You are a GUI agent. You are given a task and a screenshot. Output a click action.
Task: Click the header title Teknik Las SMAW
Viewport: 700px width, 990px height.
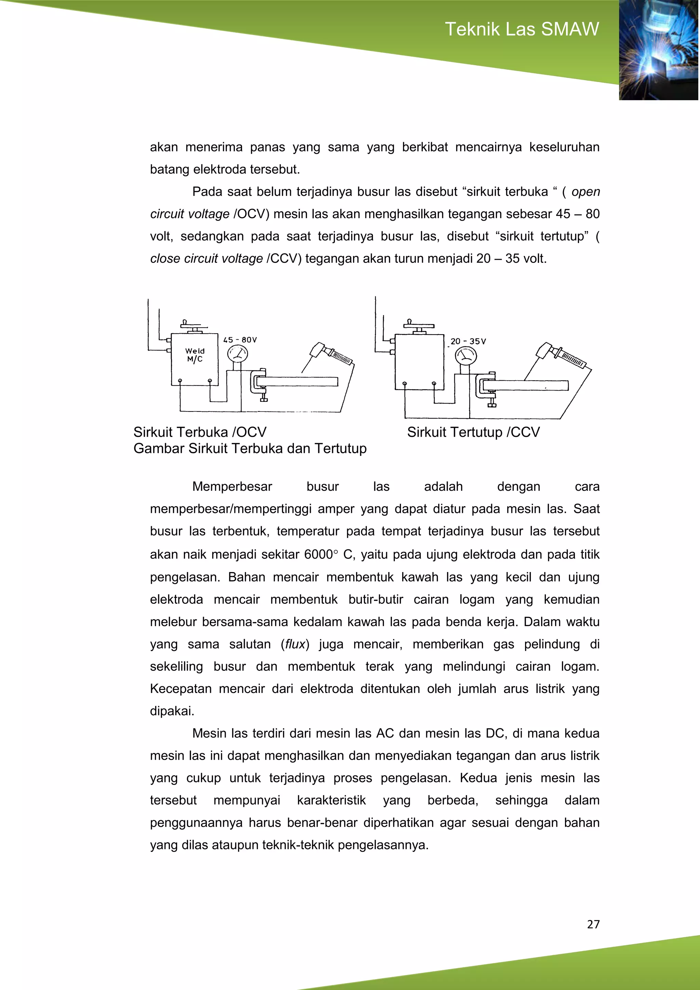click(x=522, y=29)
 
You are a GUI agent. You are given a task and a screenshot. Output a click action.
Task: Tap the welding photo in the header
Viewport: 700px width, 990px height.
click(x=659, y=50)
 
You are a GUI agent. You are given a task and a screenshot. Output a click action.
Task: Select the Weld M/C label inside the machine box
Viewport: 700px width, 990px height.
click(x=194, y=355)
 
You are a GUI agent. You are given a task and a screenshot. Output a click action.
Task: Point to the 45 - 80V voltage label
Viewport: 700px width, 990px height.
click(x=240, y=340)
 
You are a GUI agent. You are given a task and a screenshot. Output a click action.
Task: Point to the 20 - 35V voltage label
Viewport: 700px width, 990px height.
click(x=468, y=341)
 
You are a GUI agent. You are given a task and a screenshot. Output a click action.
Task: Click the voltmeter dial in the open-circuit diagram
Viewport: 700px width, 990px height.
click(x=237, y=355)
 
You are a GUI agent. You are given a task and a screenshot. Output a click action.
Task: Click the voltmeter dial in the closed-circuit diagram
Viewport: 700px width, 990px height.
click(x=466, y=356)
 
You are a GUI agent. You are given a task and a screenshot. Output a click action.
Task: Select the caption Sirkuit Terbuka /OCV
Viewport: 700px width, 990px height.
click(x=200, y=432)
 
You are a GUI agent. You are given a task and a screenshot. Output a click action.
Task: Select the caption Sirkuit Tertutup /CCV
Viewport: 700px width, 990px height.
click(x=473, y=432)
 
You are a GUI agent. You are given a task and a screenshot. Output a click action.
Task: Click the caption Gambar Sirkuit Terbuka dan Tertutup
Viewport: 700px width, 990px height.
click(x=250, y=448)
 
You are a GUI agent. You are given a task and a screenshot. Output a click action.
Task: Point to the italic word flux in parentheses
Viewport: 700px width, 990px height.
click(x=295, y=644)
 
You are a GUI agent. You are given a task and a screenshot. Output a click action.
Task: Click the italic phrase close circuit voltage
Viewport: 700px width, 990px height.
click(x=206, y=258)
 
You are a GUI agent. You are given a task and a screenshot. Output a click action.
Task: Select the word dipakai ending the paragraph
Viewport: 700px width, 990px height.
click(x=172, y=711)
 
